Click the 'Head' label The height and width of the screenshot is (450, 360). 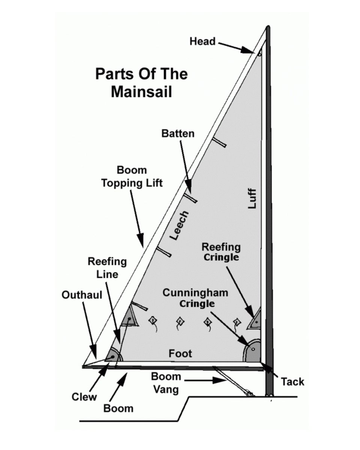click(202, 41)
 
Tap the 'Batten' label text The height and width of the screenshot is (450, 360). click(178, 133)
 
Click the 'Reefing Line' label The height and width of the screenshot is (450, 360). click(107, 267)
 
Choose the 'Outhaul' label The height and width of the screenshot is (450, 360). click(82, 295)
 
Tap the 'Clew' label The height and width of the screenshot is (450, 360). click(84, 397)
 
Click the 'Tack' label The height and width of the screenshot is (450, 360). click(292, 382)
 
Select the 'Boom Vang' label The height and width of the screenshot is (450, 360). click(166, 383)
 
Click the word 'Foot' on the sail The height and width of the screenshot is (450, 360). click(180, 353)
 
